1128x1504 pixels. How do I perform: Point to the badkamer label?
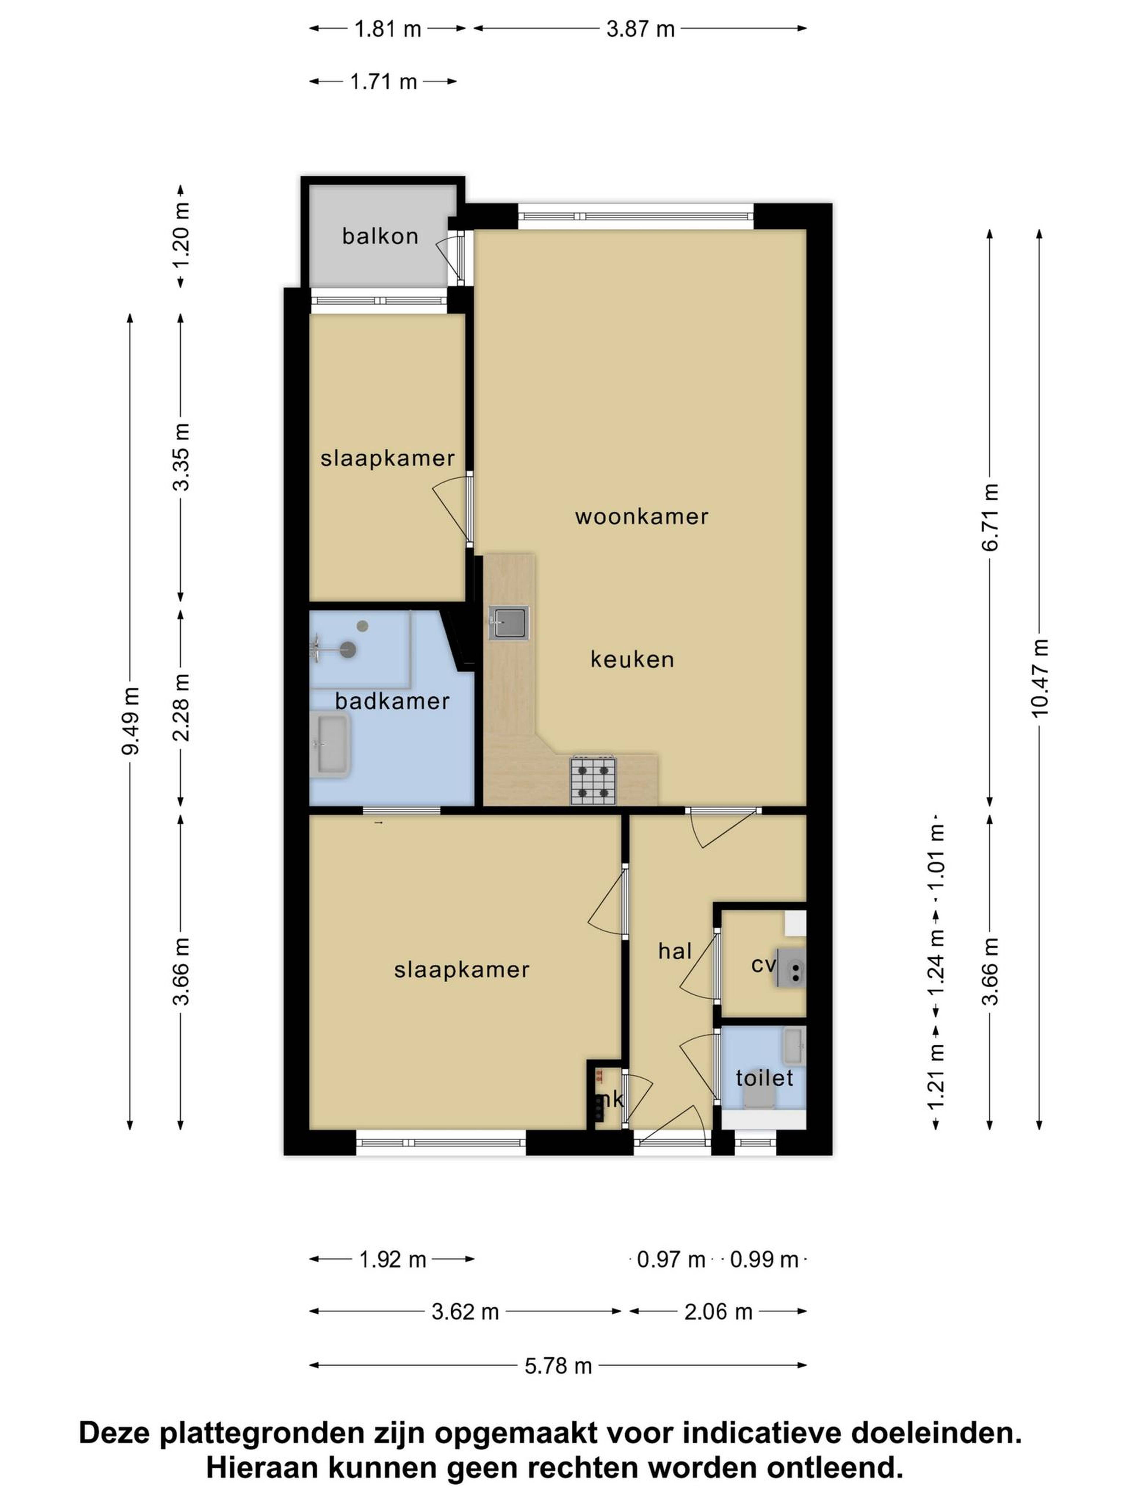(x=392, y=701)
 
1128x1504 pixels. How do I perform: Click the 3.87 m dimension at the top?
(x=640, y=29)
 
